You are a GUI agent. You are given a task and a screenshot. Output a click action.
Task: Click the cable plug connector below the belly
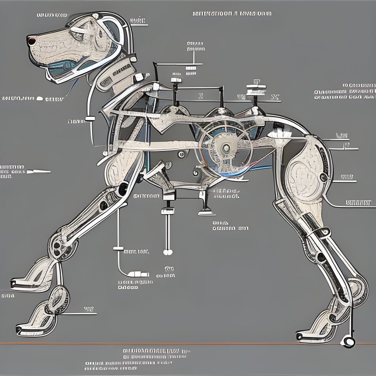coord(140,274)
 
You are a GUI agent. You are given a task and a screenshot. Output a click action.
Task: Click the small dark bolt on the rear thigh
coord(323,178)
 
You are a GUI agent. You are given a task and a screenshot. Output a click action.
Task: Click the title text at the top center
coord(232,14)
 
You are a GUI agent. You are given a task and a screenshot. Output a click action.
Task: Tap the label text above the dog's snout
coord(52,15)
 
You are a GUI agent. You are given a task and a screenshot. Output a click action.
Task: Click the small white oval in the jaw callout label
coord(48,99)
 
